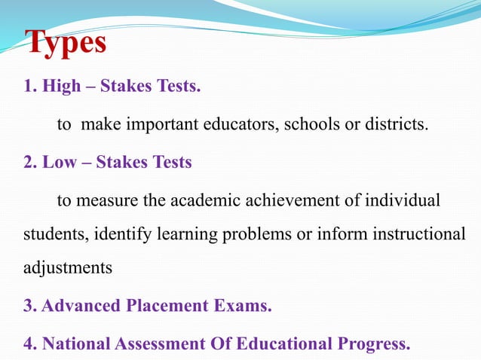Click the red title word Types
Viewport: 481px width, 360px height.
click(x=66, y=43)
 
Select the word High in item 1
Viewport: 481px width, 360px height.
click(x=60, y=87)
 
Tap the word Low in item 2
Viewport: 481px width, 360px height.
click(x=58, y=162)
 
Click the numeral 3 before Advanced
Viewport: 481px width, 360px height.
click(x=29, y=307)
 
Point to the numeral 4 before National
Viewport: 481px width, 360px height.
click(x=29, y=344)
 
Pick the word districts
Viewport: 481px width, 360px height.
click(x=397, y=124)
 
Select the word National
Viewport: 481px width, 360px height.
click(x=77, y=344)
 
